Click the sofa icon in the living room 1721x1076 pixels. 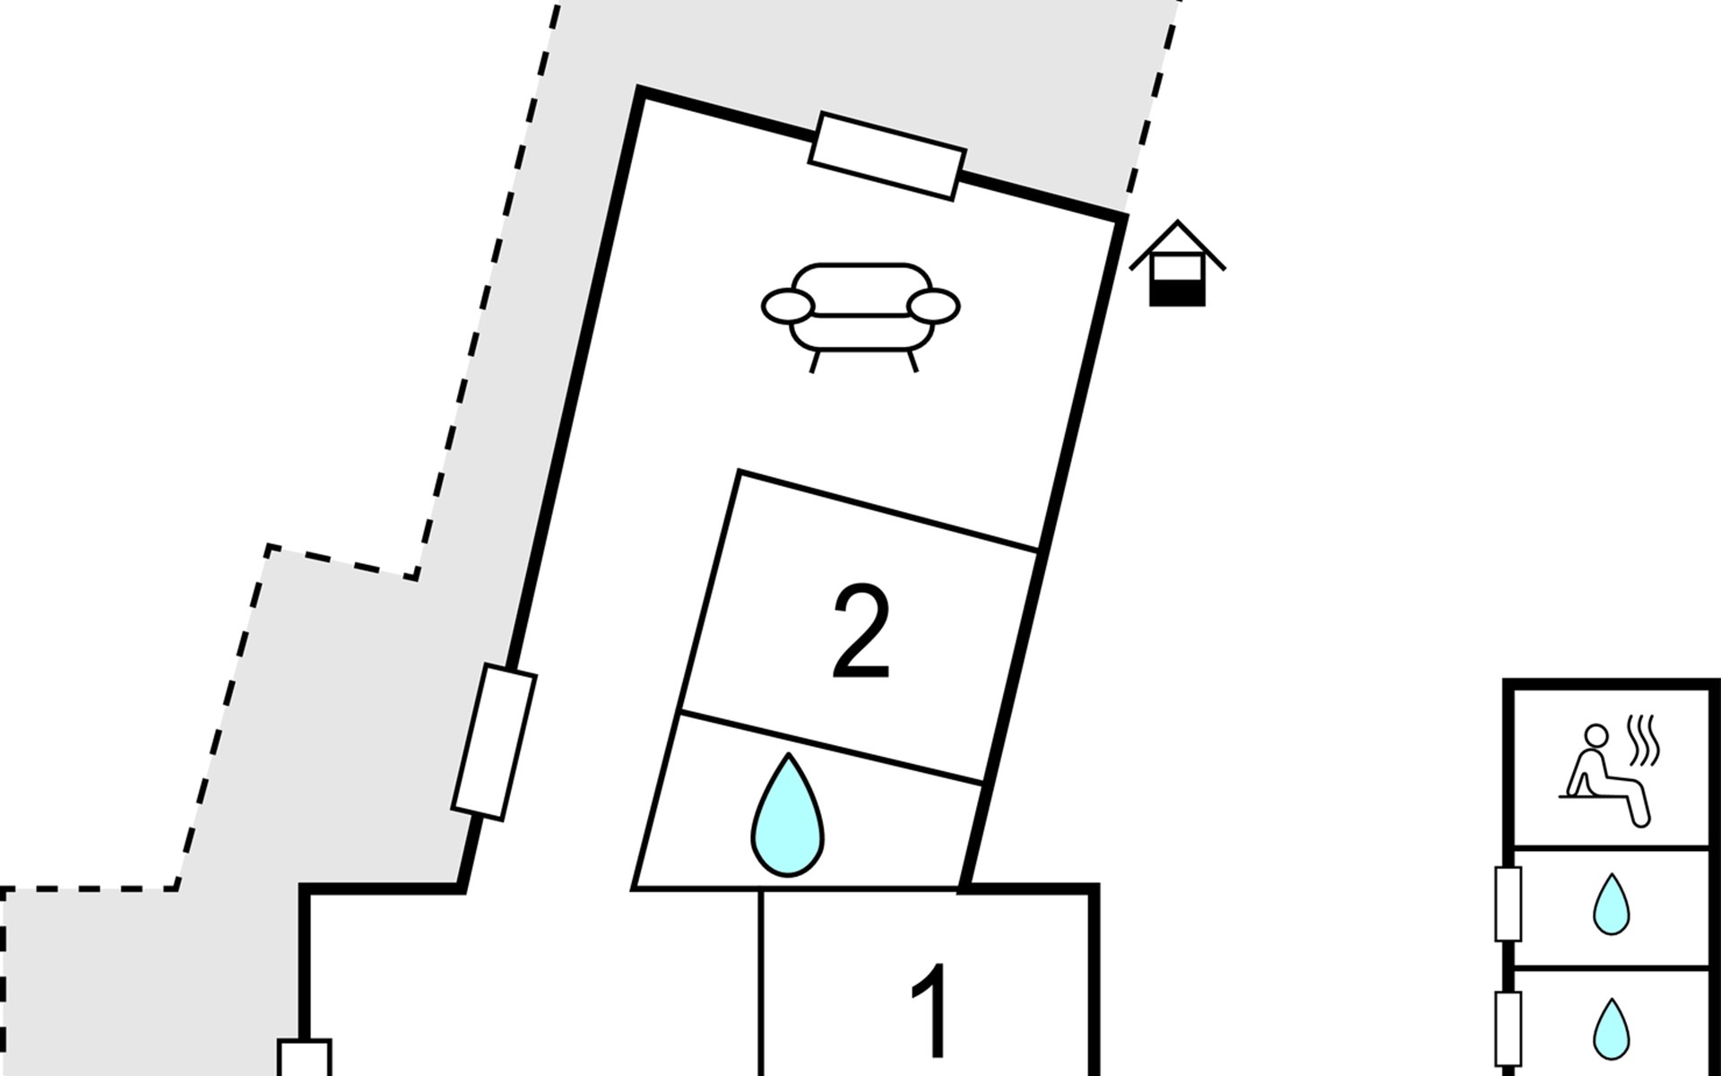[860, 310]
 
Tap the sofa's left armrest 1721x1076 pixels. [787, 306]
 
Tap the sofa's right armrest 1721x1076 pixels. [933, 306]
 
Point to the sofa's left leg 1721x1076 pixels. [815, 360]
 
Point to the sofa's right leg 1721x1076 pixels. [912, 360]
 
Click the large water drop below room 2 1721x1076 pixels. [787, 816]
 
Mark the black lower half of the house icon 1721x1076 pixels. [1177, 293]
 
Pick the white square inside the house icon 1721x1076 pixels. [1177, 267]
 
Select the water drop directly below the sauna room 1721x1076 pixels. [1611, 905]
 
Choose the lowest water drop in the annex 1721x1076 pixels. [1611, 1028]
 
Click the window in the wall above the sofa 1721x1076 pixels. [886, 156]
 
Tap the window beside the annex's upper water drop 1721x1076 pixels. [1508, 903]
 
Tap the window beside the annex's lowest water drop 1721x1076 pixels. [1508, 1027]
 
